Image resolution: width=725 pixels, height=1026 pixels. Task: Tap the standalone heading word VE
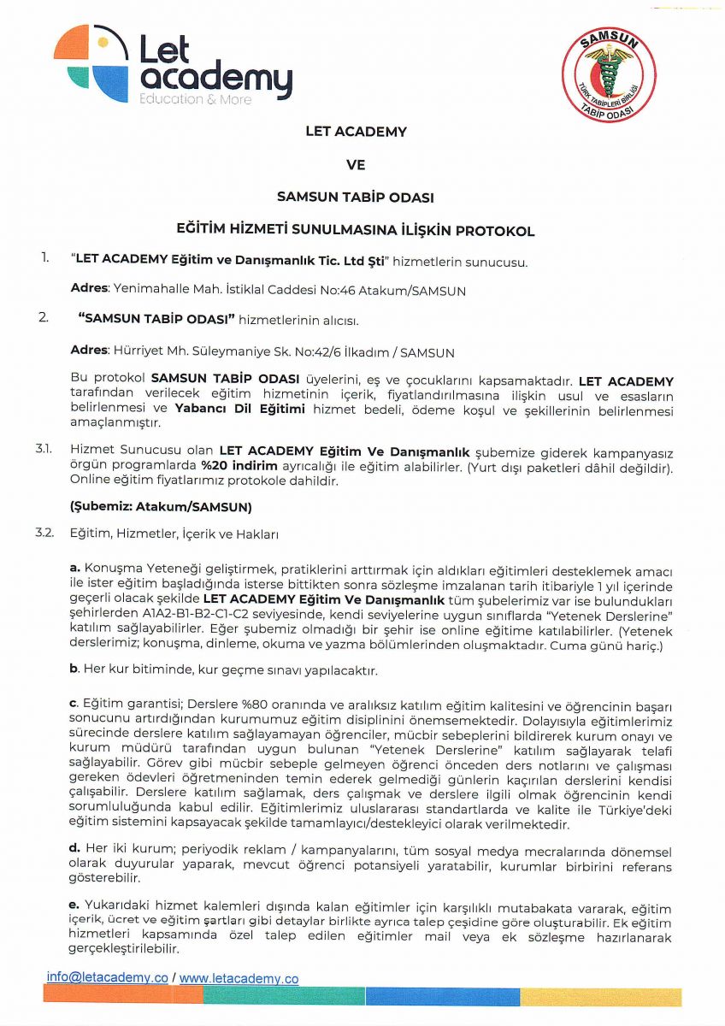pyautogui.click(x=356, y=164)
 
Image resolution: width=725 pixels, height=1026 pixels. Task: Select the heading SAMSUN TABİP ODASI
pyautogui.click(x=356, y=197)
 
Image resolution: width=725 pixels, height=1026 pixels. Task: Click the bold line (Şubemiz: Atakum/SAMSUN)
pyautogui.click(x=161, y=507)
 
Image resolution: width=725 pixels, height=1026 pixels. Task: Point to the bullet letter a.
pyautogui.click(x=74, y=569)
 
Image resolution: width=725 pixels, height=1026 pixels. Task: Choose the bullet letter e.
pyautogui.click(x=74, y=905)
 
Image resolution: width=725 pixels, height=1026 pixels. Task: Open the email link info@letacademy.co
pyautogui.click(x=107, y=977)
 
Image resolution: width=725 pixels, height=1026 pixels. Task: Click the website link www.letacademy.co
pyautogui.click(x=239, y=977)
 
